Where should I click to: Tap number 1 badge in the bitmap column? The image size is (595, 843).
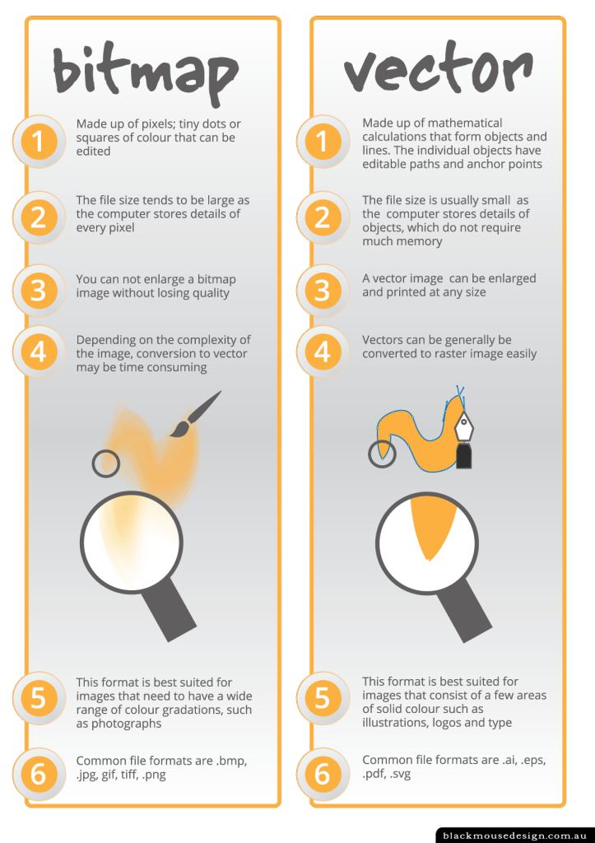37,142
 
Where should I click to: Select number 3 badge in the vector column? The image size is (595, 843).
323,290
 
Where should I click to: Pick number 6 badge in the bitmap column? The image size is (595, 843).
37,773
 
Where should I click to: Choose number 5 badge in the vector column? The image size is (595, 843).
323,698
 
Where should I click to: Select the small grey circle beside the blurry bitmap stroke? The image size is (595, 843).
106,463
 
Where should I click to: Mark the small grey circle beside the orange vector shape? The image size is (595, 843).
382,454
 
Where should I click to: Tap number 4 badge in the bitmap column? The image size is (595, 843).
37,352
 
